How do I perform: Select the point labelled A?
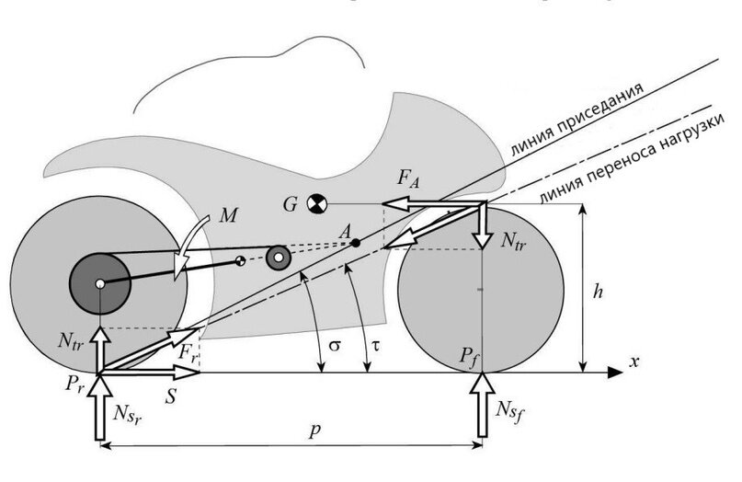tap(355, 242)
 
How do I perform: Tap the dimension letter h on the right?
tap(598, 291)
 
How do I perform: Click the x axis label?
tap(634, 362)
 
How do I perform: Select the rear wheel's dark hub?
tap(99, 282)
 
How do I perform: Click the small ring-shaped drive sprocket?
tap(277, 258)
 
